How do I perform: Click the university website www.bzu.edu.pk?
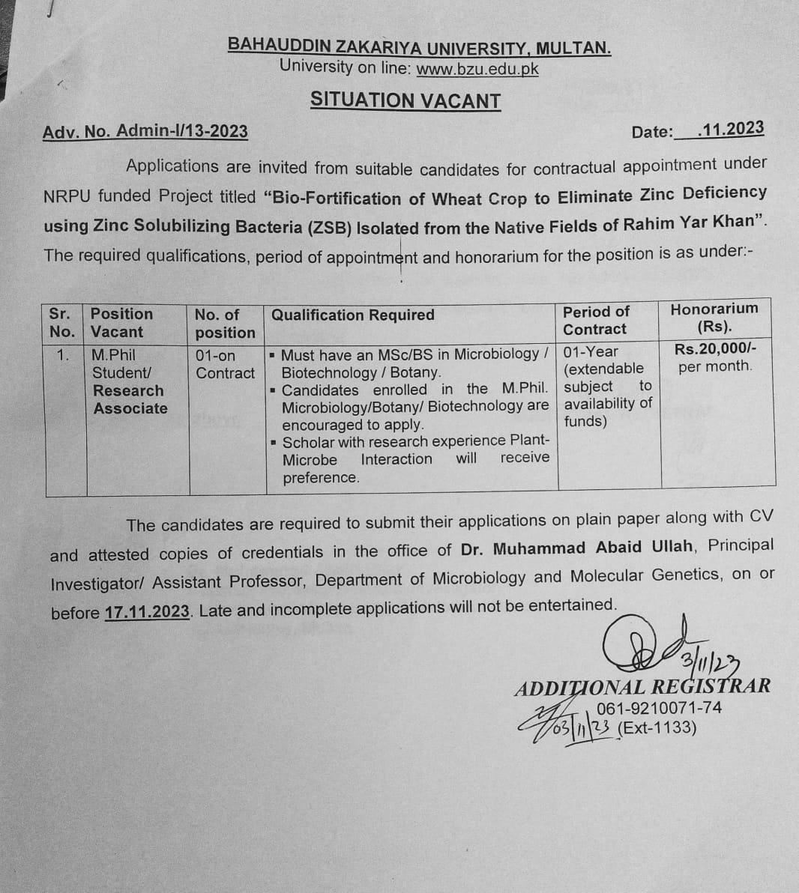pyautogui.click(x=477, y=70)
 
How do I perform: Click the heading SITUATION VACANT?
pyautogui.click(x=405, y=100)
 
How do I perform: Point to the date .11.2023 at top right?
pyautogui.click(x=730, y=129)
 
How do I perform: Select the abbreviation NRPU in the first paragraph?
pyautogui.click(x=67, y=197)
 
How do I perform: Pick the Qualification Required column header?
pyautogui.click(x=352, y=315)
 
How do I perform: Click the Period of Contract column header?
pyautogui.click(x=596, y=321)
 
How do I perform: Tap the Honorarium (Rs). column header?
pyautogui.click(x=714, y=318)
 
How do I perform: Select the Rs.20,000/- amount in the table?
pyautogui.click(x=715, y=348)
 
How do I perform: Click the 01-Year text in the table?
pyautogui.click(x=591, y=351)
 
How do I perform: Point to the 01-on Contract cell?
pyautogui.click(x=225, y=364)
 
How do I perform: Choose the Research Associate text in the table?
pyautogui.click(x=129, y=399)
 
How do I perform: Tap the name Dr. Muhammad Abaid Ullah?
pyautogui.click(x=577, y=548)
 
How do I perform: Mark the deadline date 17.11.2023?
pyautogui.click(x=148, y=611)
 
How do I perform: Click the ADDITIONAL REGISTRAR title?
pyautogui.click(x=642, y=686)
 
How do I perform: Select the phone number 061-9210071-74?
pyautogui.click(x=659, y=707)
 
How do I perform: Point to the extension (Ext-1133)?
pyautogui.click(x=657, y=727)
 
